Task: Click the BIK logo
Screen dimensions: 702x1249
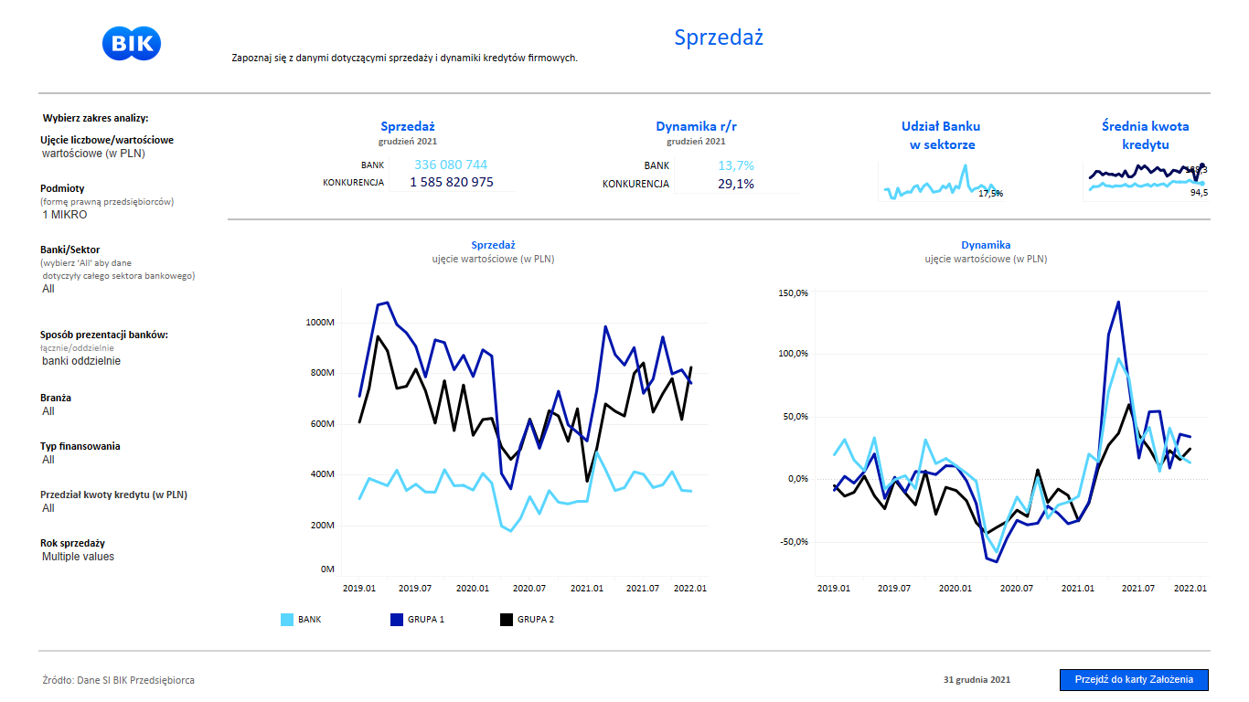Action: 133,44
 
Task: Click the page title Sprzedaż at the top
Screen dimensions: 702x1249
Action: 719,37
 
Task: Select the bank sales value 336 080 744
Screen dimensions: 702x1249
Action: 451,165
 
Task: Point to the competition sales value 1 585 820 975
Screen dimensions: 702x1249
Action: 451,183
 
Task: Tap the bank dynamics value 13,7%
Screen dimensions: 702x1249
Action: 736,165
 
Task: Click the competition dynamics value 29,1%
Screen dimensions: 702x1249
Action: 736,184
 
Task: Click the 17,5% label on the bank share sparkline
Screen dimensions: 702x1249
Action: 990,193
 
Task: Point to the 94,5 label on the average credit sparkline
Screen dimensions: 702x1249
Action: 1199,192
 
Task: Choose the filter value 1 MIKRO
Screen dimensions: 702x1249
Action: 65,215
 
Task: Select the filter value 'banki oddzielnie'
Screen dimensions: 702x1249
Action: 81,361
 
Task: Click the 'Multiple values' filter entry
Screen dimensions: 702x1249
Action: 78,557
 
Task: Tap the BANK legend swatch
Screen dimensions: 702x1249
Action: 287,620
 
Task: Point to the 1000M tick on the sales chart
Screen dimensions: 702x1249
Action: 320,323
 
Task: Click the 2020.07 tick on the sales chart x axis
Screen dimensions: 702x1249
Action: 528,589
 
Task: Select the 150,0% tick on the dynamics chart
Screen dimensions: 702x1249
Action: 793,292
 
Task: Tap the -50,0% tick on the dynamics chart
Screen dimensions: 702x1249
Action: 792,542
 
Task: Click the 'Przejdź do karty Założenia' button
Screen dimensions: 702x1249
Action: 1134,680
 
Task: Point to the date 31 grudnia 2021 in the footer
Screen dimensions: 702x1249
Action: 977,680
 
